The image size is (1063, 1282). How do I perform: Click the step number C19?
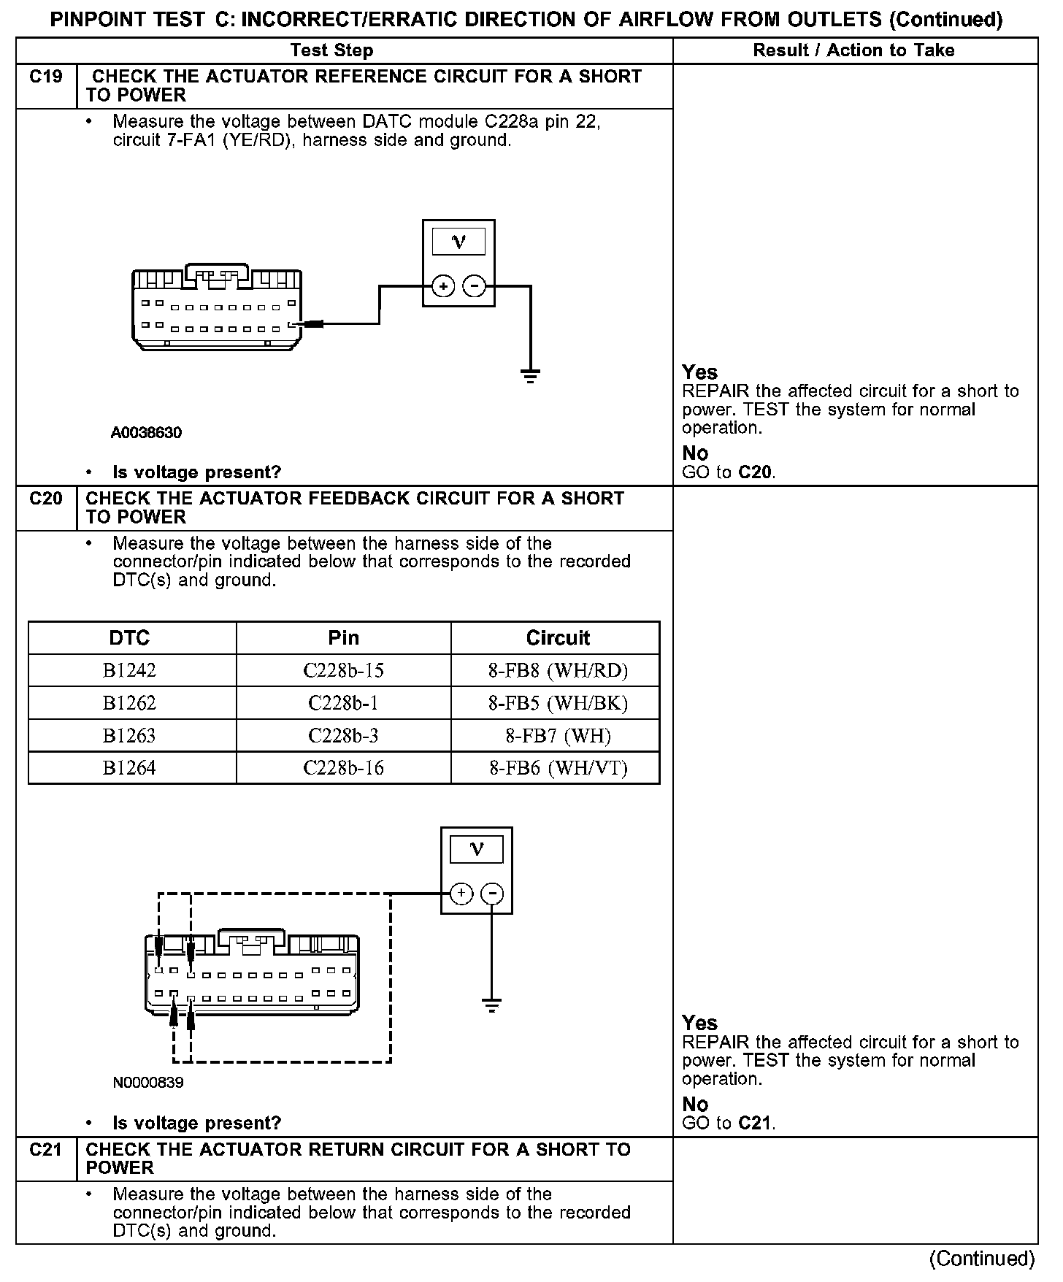pos(45,77)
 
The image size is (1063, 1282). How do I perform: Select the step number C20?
pos(45,499)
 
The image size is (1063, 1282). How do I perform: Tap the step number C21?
pos(45,1149)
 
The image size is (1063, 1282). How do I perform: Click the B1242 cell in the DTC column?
pos(129,670)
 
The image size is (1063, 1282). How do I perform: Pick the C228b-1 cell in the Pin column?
pos(343,703)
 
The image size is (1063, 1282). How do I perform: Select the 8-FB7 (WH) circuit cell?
pos(558,735)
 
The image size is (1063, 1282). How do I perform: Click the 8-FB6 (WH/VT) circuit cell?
pos(558,768)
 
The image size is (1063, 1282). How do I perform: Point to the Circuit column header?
pos(558,638)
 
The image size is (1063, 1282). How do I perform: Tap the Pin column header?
pos(343,638)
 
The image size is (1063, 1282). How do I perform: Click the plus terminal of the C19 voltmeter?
pos(443,286)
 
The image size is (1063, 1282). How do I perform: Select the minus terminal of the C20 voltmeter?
pos(494,894)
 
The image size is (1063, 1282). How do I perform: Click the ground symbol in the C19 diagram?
pos(530,376)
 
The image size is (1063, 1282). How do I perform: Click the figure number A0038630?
pos(146,433)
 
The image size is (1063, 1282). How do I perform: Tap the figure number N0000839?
pos(148,1082)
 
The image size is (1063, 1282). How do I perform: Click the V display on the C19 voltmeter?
pos(458,242)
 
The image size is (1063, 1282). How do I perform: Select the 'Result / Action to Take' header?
pos(853,50)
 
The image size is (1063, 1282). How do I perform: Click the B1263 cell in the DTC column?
pos(129,735)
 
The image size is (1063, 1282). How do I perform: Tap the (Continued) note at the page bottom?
pos(981,1258)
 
